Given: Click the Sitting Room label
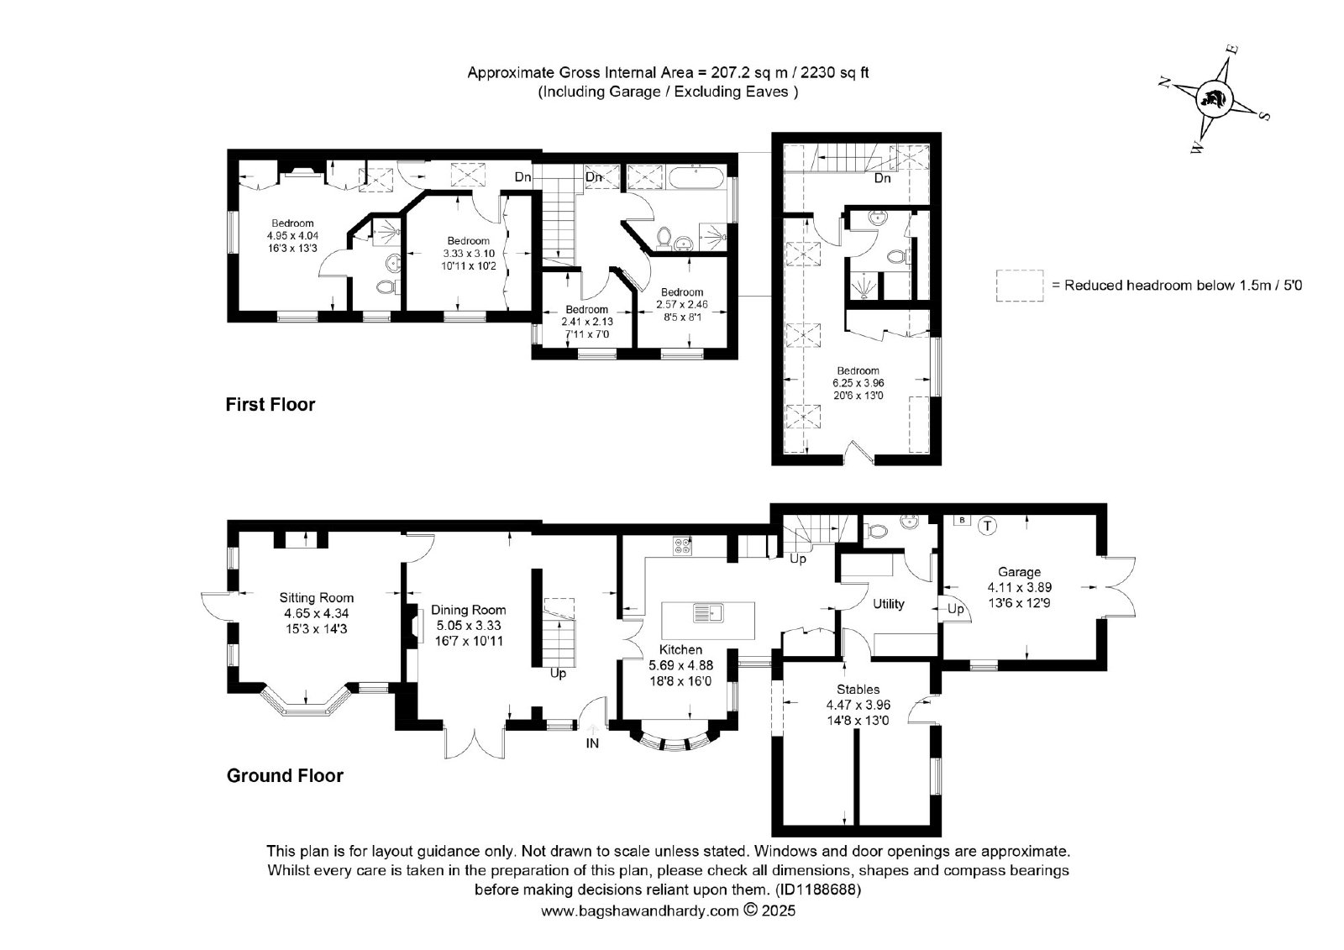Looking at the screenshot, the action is [316, 598].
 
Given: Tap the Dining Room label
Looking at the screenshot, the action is [468, 610].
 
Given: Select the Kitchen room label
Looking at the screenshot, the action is [680, 649].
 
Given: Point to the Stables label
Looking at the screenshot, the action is [858, 690].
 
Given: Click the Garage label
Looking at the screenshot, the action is [1020, 572].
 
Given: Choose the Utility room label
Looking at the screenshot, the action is [888, 604].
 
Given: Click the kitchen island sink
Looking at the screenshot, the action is [709, 612].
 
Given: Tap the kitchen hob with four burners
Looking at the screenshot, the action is [682, 545].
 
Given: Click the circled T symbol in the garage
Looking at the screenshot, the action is [987, 527].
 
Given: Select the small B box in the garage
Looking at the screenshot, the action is [962, 520].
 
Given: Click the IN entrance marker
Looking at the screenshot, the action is [592, 743].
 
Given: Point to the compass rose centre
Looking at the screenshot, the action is [1214, 100].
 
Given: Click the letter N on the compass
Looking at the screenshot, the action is [1164, 83].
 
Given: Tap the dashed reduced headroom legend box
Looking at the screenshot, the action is [1020, 285].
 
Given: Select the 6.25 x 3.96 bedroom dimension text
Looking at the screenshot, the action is [858, 383].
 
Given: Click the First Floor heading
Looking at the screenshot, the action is [270, 405].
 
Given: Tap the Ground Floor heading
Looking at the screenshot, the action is [285, 775].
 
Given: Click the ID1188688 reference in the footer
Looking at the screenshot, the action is [818, 889].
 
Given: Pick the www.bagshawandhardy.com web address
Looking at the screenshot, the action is [639, 911].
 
